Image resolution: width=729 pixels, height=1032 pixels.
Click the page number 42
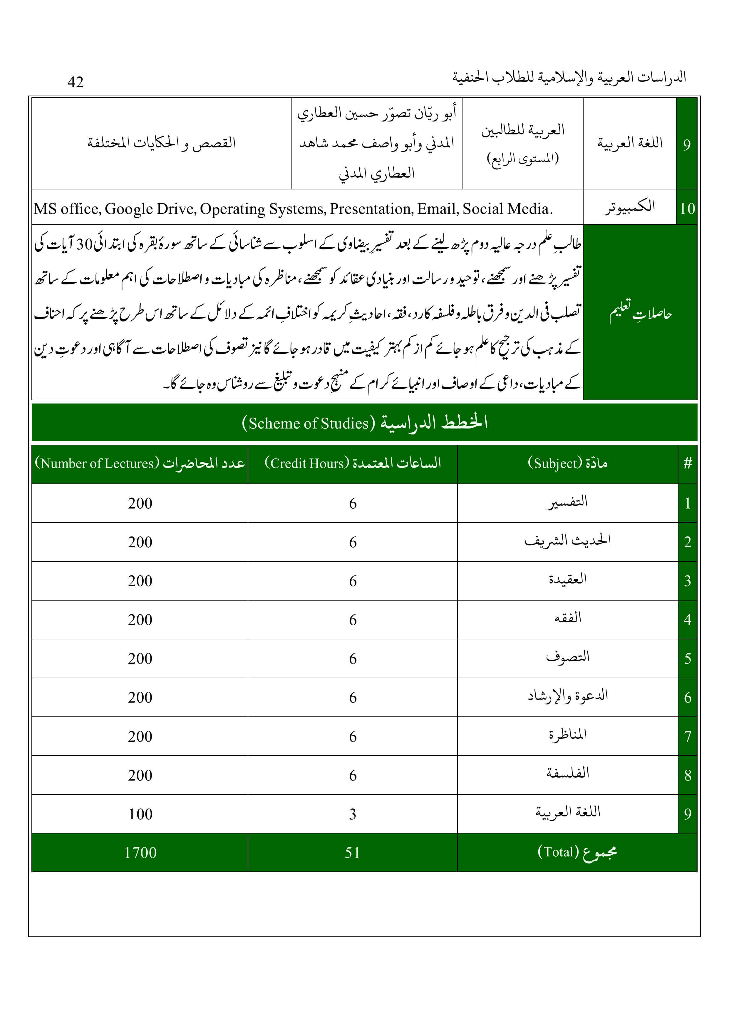coord(76,82)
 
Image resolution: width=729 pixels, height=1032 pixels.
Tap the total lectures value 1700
coord(140,853)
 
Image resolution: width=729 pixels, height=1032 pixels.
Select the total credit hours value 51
coord(353,853)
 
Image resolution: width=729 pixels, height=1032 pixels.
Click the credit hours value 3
coord(353,814)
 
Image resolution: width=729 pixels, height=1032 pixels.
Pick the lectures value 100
coord(140,814)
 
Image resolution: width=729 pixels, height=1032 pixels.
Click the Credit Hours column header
coord(353,464)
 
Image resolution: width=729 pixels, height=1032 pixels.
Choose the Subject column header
coord(567,464)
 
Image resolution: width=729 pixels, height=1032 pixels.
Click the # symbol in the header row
coord(688,464)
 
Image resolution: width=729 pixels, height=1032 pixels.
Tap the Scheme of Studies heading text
coord(365,423)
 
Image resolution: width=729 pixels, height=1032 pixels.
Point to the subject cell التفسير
coord(567,502)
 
